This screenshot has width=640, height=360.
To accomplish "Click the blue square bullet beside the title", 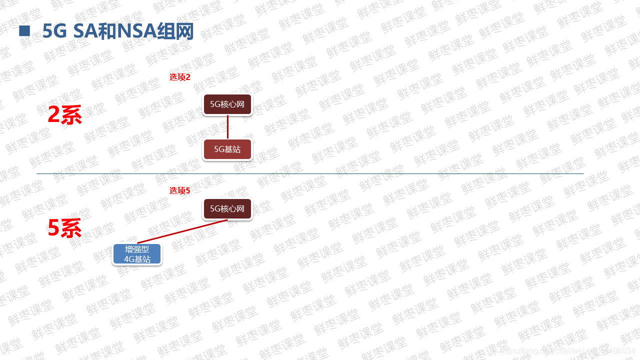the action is pos(24,31).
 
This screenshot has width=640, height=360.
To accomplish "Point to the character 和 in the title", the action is pos(106,31).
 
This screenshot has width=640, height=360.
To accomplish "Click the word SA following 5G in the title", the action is pos(84,31).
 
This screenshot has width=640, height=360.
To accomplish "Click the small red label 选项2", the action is pos(180,77).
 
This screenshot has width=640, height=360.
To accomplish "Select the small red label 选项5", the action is pos(180,190).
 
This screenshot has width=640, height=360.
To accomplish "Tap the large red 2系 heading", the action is pos(64,115).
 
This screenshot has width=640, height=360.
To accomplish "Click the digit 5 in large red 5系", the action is pos(54,228).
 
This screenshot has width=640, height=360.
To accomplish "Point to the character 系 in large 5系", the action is pos(71,228).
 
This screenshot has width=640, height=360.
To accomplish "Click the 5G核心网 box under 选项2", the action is pos(227,104).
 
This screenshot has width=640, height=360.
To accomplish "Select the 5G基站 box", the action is pos(227,149).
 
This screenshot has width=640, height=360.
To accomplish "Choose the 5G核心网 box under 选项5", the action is pos(227,209).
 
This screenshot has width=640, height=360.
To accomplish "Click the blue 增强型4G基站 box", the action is pos(137,254).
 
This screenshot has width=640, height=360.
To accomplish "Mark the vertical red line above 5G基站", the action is pos(227,127).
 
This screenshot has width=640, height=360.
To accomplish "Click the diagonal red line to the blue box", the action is pos(182,231).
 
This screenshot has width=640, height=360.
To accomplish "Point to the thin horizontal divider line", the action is pos(310,173).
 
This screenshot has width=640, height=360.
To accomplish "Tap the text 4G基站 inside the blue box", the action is pos(137,259).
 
